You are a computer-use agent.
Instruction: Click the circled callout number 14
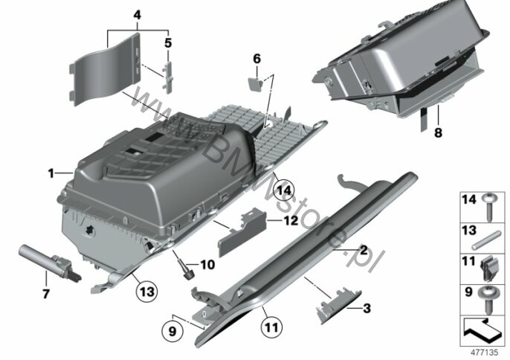point(283,190)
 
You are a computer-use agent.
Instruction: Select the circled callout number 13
point(147,291)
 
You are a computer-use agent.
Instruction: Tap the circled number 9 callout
point(172,331)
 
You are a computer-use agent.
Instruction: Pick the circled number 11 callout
point(272,327)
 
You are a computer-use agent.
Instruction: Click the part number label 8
point(438,133)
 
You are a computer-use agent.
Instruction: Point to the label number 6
point(257,59)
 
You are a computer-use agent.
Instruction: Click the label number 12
point(291,221)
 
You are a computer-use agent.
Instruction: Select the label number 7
point(46,294)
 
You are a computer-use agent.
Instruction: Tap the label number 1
point(51,173)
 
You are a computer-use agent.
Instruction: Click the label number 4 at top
point(138,15)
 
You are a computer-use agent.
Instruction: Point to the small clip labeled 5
point(168,77)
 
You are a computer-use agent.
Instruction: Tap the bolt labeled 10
point(186,269)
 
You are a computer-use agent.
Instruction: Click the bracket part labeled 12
point(242,232)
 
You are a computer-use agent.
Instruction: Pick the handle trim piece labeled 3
point(338,305)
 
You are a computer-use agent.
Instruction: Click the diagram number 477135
point(484,353)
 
